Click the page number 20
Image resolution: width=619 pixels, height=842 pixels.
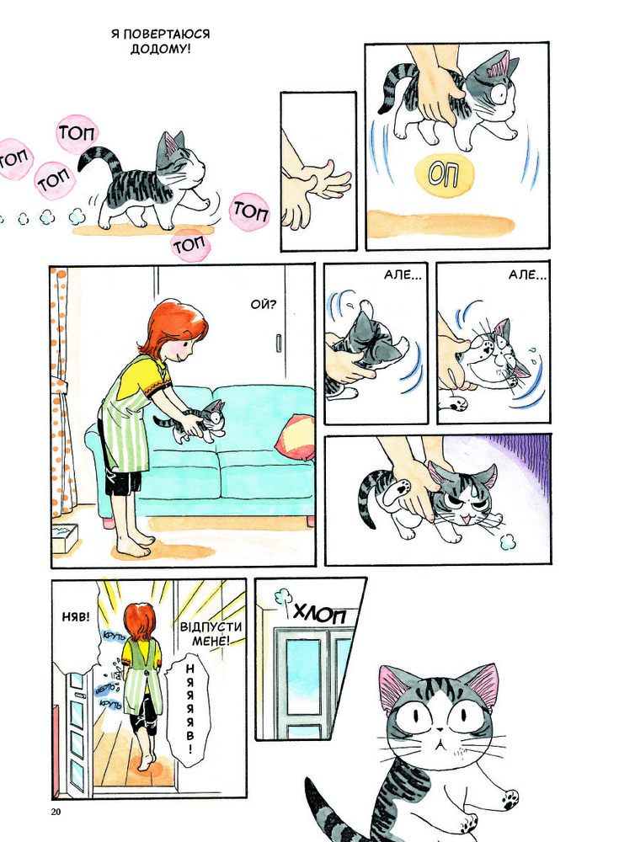pyautogui.click(x=56, y=811)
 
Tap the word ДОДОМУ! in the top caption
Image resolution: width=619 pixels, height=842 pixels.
pyautogui.click(x=160, y=50)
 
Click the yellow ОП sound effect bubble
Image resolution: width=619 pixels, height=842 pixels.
pyautogui.click(x=445, y=175)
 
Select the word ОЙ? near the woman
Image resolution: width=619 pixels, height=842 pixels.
pyautogui.click(x=264, y=305)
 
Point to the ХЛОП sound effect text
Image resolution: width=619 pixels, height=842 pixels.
pyautogui.click(x=320, y=613)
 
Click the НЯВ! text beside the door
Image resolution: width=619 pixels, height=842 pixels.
pyautogui.click(x=76, y=617)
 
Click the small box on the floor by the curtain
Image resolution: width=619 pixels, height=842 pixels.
pyautogui.click(x=66, y=537)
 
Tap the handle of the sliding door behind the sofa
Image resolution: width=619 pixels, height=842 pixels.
pyautogui.click(x=279, y=343)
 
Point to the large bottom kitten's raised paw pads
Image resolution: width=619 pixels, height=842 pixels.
pyautogui.click(x=509, y=799)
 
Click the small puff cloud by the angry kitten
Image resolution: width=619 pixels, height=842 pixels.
pyautogui.click(x=507, y=541)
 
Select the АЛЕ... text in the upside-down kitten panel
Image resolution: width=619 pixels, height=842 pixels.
pyautogui.click(x=403, y=275)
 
